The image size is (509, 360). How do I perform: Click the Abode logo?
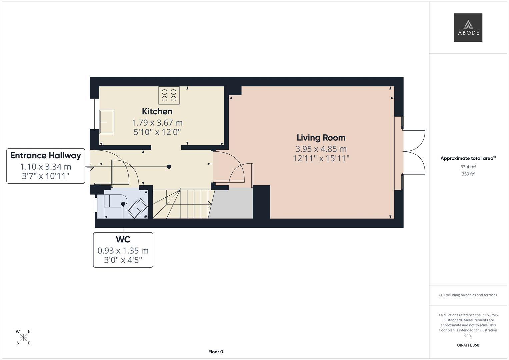coord(468,28)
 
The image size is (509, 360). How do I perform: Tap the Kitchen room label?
coord(157,111)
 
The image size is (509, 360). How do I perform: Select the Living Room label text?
coord(321,138)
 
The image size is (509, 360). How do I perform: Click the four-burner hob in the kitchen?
coord(169,95)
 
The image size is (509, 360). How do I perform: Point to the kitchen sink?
coord(107,122)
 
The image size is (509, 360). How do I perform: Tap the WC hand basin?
coord(137,208)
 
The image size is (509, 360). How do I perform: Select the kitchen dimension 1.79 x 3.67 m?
coord(157,123)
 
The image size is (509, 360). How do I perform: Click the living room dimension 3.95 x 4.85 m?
coord(321,149)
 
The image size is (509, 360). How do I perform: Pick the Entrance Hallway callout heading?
coord(46,156)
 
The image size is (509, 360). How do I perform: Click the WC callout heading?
coord(123,239)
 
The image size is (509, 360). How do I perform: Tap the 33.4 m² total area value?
coord(468,167)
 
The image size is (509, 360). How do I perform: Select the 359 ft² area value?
coord(468,174)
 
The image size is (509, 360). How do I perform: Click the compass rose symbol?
coord(23,337)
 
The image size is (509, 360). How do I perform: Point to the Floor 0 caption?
coord(215,352)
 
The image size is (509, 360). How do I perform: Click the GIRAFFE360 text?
coord(468,345)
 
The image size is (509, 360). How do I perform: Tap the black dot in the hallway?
coord(169,167)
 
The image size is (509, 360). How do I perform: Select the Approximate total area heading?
coord(468,158)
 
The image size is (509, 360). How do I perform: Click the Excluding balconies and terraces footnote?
coord(468,295)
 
